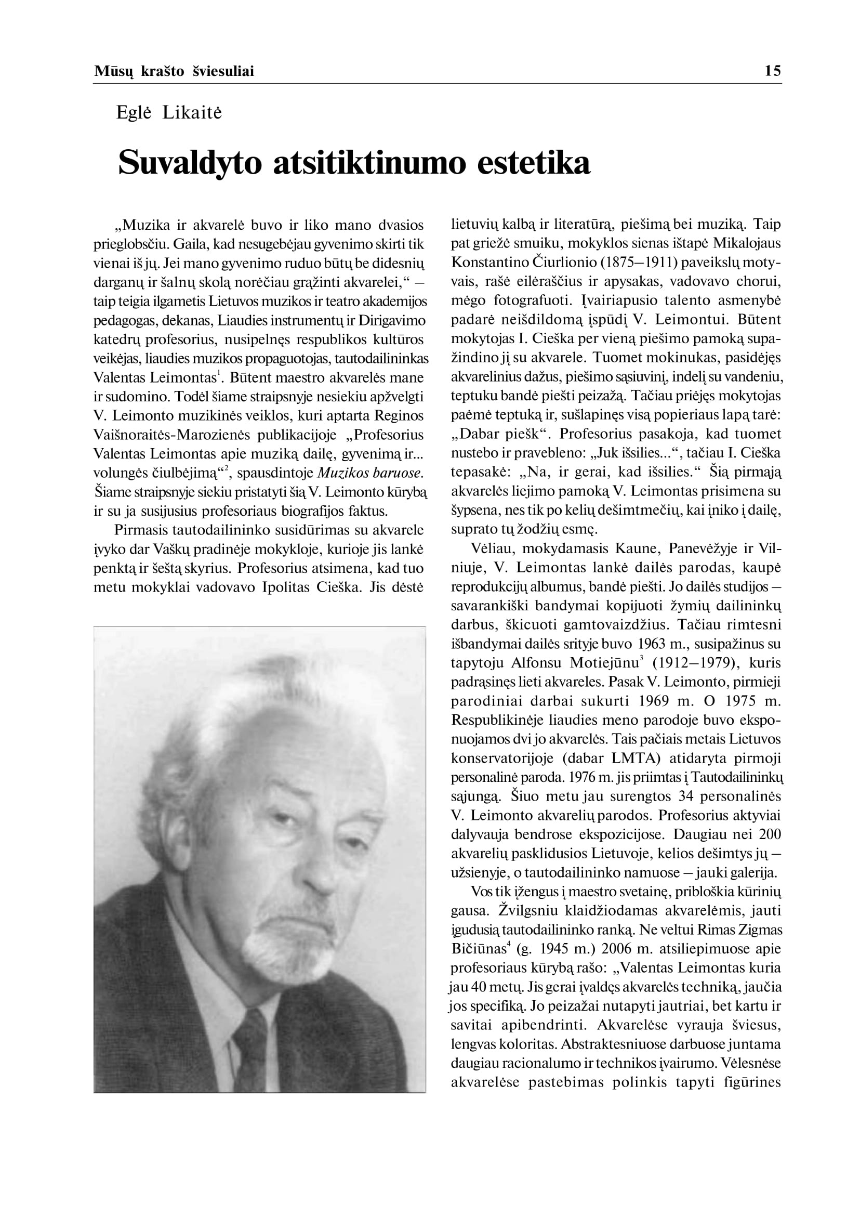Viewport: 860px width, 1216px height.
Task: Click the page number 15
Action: (x=773, y=71)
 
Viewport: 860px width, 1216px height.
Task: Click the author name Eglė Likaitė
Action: (x=169, y=113)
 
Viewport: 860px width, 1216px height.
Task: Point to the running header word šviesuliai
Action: (x=223, y=71)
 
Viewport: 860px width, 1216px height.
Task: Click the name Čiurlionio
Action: (x=563, y=262)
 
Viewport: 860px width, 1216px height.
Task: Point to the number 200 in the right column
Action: (x=770, y=834)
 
